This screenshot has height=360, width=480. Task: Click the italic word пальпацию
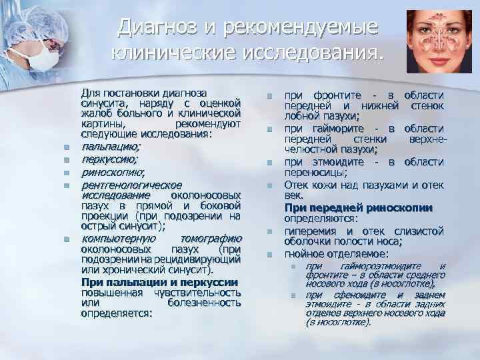point(110,145)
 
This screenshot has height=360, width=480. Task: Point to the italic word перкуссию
point(109,160)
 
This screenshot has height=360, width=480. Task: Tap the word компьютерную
point(119,239)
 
